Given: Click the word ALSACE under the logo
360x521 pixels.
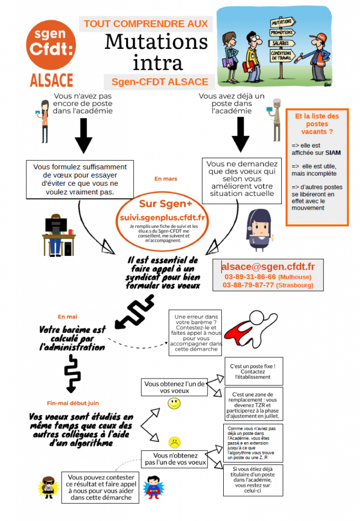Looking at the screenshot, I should pos(51,80).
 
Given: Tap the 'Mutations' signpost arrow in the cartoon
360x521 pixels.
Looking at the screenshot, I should pos(282,22).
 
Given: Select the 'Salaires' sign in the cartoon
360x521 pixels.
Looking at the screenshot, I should pos(282,43).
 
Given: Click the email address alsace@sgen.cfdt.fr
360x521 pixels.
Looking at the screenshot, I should pos(268,267).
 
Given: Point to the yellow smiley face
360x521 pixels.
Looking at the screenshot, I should pos(174,403).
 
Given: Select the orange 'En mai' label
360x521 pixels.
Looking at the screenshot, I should pos(68,316).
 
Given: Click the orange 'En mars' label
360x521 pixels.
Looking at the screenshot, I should pos(166,179).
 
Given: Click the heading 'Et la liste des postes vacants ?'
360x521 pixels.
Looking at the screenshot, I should pos(317,124).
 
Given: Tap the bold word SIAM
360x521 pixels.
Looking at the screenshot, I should pos(333,153).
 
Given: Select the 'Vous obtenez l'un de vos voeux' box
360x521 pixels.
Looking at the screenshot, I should pos(174,387).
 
